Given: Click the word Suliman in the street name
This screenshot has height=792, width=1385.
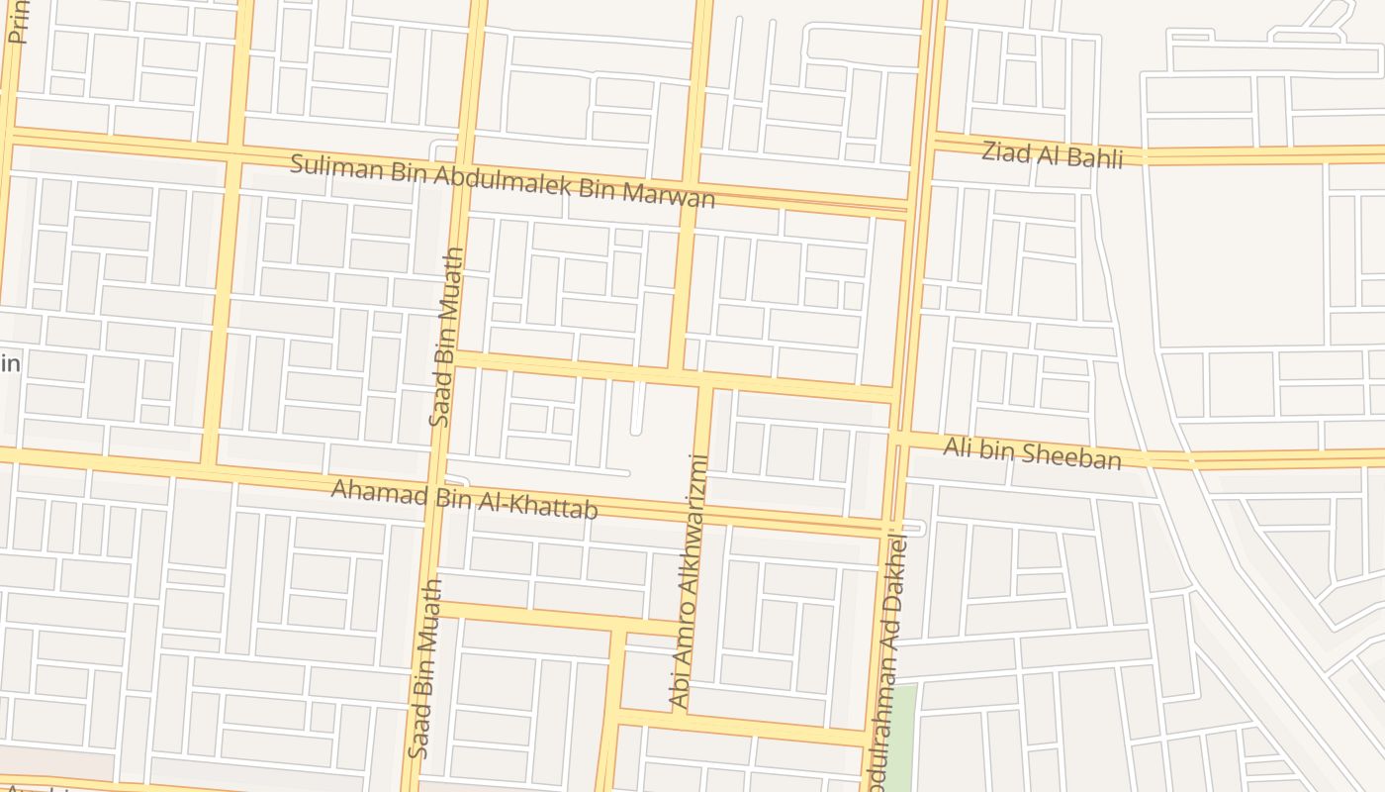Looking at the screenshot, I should pyautogui.click(x=325, y=164).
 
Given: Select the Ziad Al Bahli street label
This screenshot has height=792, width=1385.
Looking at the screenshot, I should pyautogui.click(x=1053, y=154).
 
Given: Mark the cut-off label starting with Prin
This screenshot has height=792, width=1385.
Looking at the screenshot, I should pyautogui.click(x=17, y=22).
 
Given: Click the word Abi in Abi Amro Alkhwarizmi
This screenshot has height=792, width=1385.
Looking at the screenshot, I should pyautogui.click(x=679, y=690).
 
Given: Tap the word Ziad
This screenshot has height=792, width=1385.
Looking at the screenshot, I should pyautogui.click(x=1005, y=151).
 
